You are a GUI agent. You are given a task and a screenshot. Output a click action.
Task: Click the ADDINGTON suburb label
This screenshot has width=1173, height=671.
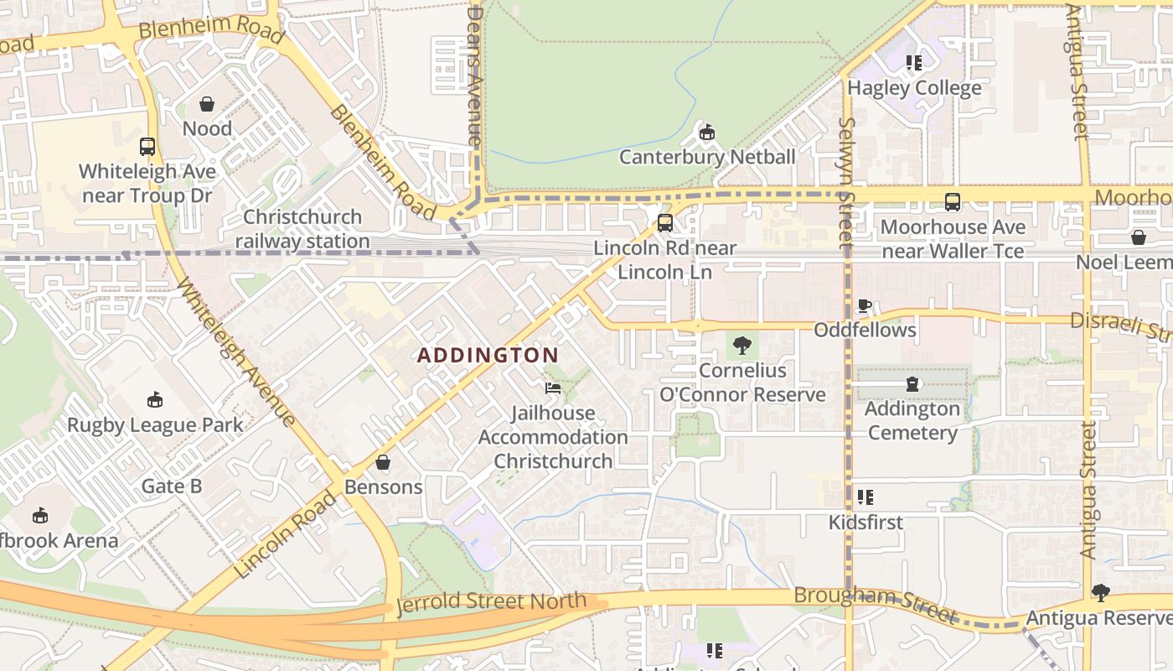488,355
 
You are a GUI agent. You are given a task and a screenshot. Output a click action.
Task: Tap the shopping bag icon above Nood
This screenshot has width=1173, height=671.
207,104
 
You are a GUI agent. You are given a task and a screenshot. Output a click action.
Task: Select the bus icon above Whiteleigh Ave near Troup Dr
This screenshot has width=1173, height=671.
147,147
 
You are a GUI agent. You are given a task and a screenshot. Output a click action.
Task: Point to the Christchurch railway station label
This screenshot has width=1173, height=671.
302,229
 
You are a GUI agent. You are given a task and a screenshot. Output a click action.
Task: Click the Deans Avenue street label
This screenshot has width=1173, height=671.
475,75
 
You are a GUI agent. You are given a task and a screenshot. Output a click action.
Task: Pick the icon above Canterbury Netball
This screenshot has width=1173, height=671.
707,133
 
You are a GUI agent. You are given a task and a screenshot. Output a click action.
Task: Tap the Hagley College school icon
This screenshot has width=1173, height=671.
914,63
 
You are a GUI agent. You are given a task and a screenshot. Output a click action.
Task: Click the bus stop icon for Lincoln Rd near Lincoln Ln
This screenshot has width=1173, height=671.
664,223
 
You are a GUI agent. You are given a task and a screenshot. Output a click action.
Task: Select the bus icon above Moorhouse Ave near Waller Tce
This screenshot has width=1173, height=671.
953,202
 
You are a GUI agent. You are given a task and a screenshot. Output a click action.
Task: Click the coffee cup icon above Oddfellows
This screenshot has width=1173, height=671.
865,305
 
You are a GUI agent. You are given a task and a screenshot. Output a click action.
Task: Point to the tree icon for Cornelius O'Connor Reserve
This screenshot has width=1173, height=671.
742,345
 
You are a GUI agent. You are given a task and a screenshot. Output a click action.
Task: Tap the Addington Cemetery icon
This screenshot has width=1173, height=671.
912,384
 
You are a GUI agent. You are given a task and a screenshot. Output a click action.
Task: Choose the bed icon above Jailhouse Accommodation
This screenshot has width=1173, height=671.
553,388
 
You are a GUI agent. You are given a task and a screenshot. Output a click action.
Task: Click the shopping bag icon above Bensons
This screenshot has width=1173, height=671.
383,462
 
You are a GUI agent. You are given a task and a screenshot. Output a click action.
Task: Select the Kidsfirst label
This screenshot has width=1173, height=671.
866,523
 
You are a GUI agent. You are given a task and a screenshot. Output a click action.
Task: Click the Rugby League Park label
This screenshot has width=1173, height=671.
155,424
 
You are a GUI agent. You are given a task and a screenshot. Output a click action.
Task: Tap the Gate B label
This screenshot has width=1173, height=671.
172,486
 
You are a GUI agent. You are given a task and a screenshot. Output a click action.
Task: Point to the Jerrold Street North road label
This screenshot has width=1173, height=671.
491,602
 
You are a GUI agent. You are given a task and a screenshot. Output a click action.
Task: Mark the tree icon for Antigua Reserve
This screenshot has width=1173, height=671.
1100,593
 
